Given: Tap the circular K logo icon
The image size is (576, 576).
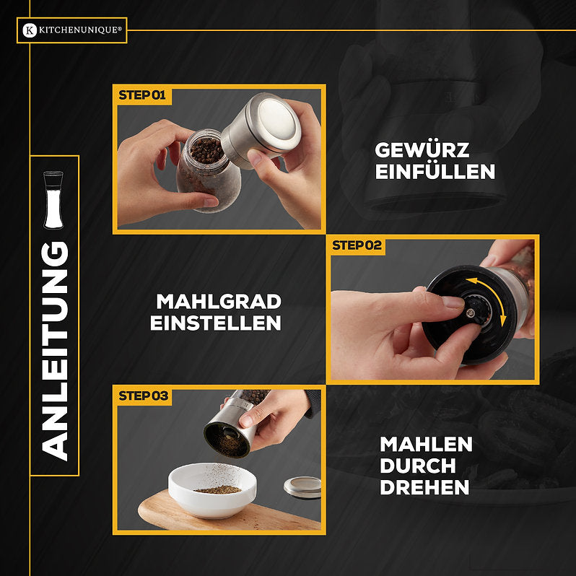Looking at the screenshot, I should click(x=29, y=30).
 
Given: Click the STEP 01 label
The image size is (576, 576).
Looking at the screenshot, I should click(x=142, y=95).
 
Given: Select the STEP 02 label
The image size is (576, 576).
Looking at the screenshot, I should click(x=357, y=245).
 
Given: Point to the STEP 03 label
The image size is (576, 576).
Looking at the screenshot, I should click(x=143, y=396).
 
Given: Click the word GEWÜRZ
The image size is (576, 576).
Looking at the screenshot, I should click(x=422, y=150).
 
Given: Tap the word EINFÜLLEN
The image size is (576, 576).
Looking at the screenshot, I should click(x=435, y=172).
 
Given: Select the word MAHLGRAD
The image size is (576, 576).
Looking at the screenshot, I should click(x=219, y=301).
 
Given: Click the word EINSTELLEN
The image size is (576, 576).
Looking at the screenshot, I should click(x=216, y=323).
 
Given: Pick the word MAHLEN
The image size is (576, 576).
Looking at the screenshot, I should click(x=426, y=444).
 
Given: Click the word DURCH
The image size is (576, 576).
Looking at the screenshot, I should click(x=417, y=466).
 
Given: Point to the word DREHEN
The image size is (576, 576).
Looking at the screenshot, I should click(x=424, y=487).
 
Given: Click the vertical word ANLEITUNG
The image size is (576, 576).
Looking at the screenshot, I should click(x=55, y=350).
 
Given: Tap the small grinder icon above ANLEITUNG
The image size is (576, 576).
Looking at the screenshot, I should click(x=53, y=199).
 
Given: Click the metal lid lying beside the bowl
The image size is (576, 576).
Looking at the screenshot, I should click(x=302, y=487).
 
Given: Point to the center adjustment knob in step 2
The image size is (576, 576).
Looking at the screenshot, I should click(x=471, y=311).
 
